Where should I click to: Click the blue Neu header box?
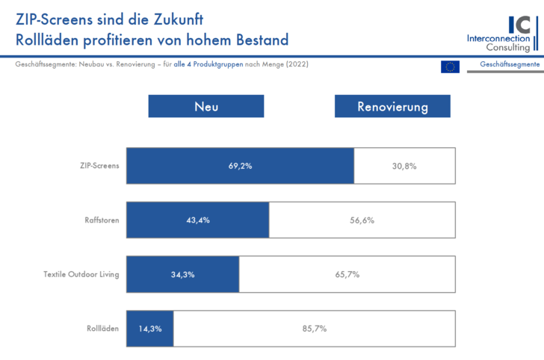(206, 106)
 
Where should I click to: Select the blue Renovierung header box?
(392, 106)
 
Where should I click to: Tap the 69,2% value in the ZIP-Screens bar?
(240, 166)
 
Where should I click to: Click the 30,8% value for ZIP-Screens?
(404, 166)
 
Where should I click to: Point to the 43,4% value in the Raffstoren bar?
(198, 220)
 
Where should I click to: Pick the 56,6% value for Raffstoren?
(362, 220)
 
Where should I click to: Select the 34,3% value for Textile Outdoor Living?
(183, 274)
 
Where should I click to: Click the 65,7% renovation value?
(347, 274)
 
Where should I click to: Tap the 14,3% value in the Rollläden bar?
(150, 328)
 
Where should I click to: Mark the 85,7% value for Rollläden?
(314, 328)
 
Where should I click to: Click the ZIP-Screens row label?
(99, 166)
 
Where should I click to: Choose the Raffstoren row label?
(102, 220)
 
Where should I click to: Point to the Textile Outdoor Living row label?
(81, 274)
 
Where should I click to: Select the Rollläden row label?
(103, 328)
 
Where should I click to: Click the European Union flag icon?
(450, 66)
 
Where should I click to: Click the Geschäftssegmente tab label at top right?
(510, 65)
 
